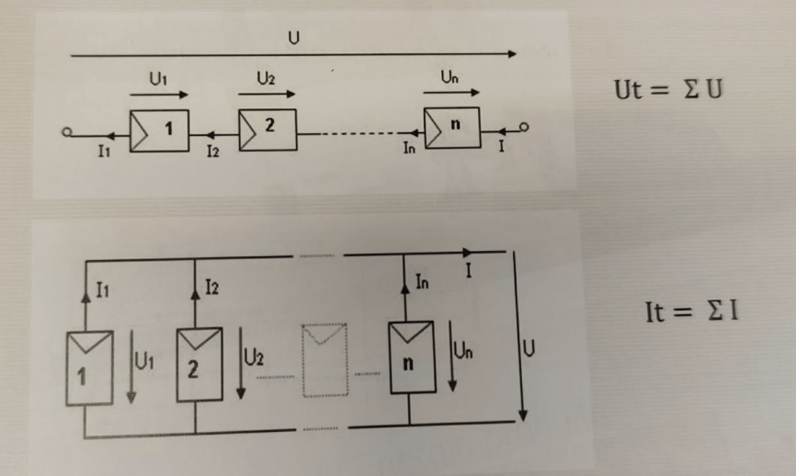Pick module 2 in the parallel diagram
point(197,366)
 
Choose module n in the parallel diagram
point(409,357)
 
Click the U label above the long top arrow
point(293,37)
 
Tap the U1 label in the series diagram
point(157,80)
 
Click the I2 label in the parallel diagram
point(211,290)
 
